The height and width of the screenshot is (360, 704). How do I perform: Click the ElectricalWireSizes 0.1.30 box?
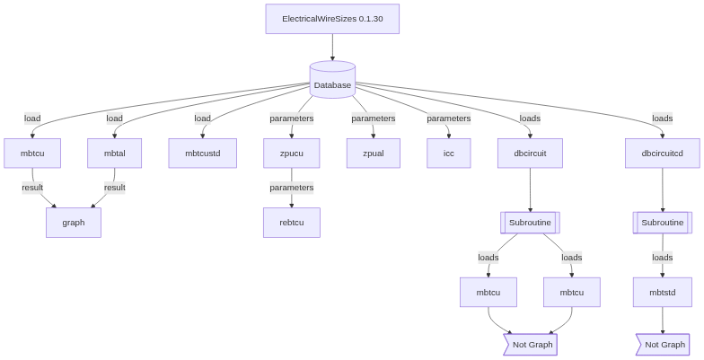click(332, 19)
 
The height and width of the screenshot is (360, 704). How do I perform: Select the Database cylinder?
click(332, 82)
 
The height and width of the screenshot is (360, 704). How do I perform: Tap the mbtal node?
click(114, 153)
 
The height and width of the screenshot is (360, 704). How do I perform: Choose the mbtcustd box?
click(209, 153)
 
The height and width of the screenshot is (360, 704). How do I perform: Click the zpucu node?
click(292, 153)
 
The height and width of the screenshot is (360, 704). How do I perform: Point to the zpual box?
click(373, 153)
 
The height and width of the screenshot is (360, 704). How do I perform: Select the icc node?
click(448, 153)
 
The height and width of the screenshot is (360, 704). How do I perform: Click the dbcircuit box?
click(530, 153)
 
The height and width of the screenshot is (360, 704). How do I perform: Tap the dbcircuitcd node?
click(663, 153)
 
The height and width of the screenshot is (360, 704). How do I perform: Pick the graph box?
click(74, 223)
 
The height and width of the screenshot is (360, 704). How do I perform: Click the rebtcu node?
click(292, 223)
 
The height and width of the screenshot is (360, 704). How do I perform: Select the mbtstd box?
click(662, 292)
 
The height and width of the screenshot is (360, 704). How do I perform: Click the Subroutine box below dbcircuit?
click(530, 223)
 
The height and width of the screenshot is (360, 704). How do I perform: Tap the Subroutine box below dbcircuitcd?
click(663, 223)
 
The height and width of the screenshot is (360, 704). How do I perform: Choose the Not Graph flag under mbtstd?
click(664, 344)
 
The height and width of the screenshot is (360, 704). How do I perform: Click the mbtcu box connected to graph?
click(31, 153)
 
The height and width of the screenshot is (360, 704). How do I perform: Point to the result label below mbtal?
click(114, 188)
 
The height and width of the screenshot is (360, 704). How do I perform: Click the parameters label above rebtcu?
click(292, 188)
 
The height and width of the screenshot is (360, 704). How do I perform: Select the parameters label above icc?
click(448, 119)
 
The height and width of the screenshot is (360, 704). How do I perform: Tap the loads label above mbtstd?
click(662, 258)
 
